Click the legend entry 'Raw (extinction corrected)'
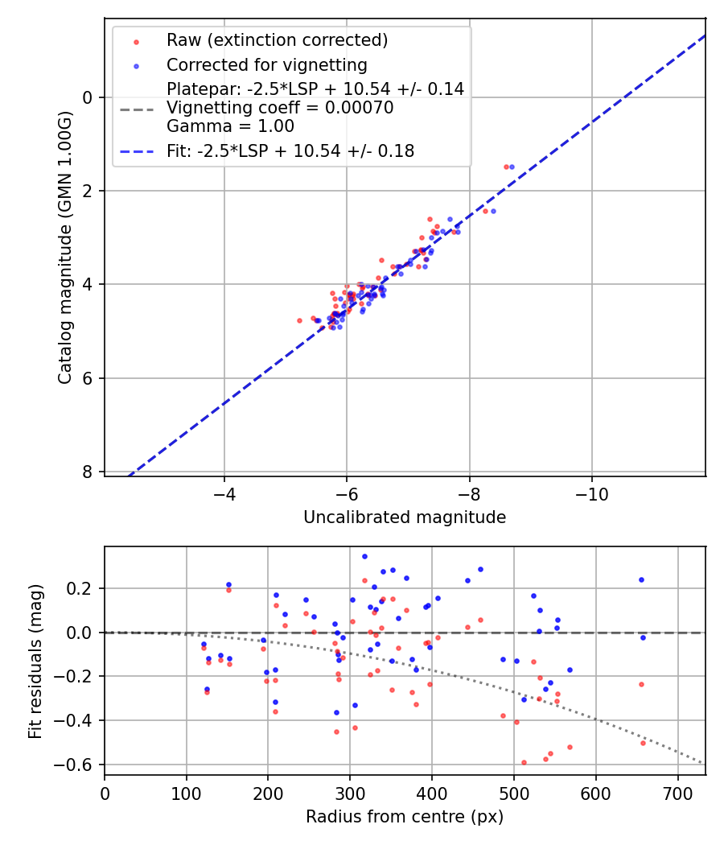(277, 40)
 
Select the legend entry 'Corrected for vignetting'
(266, 65)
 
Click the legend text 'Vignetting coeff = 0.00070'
(280, 108)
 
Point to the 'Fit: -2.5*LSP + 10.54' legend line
(290, 150)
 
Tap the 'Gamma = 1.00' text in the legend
(230, 126)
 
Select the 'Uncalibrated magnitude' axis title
(405, 517)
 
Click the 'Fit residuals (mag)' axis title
(35, 662)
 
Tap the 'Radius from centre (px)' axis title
(405, 817)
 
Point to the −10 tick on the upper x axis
(592, 492)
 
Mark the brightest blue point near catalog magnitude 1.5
(512, 167)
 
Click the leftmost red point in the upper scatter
(299, 320)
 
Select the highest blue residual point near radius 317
(364, 556)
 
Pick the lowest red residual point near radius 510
(524, 762)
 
